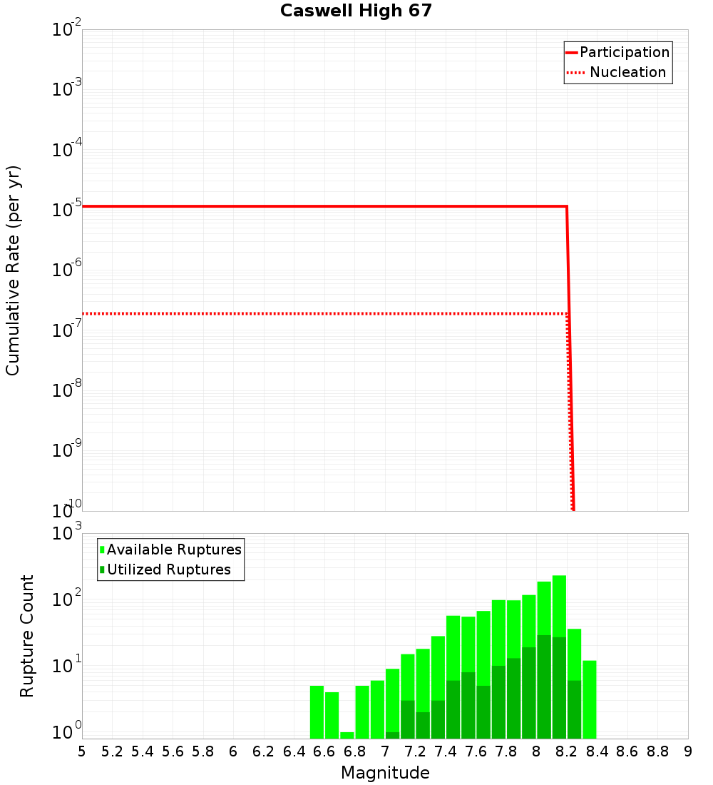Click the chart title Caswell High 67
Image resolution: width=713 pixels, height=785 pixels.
click(356, 11)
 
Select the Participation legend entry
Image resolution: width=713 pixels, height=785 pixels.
click(617, 52)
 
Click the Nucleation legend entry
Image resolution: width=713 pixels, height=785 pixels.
click(617, 72)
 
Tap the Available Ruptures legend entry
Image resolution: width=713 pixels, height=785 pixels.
click(171, 549)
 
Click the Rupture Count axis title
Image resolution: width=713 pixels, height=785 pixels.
click(27, 636)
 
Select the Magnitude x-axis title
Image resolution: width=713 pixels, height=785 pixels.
click(385, 772)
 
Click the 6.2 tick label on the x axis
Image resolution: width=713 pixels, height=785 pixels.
click(264, 751)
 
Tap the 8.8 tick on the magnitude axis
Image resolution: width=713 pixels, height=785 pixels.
click(657, 751)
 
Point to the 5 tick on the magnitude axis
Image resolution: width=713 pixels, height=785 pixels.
click(82, 751)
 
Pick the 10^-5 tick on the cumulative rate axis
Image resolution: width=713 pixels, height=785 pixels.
click(66, 209)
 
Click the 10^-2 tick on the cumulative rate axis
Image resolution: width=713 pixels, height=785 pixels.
click(66, 29)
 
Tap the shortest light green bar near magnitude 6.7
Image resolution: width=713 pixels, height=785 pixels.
click(347, 735)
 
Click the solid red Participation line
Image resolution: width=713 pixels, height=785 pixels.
click(321, 206)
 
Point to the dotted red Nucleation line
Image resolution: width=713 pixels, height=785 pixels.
click(321, 313)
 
